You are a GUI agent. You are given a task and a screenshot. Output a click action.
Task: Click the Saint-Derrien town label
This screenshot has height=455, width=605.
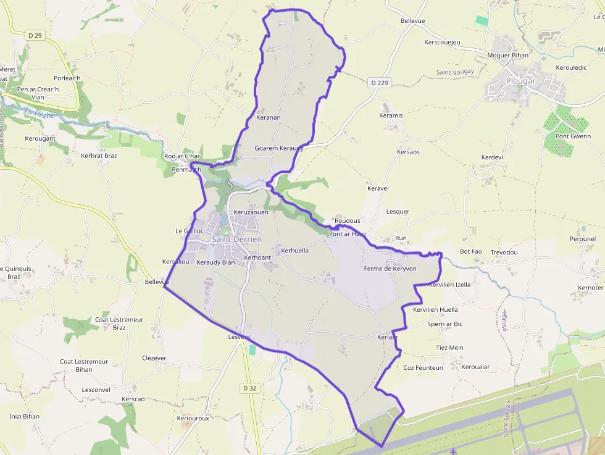pos(236,239)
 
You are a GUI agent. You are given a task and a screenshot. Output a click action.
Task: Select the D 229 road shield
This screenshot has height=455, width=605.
pos(380,83)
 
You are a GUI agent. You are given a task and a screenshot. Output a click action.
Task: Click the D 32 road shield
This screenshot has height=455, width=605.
pos(249,388)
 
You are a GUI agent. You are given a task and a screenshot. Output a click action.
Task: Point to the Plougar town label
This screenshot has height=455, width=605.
pos(520,80)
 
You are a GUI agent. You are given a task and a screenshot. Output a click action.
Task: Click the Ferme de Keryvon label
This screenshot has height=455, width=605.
pos(390,269)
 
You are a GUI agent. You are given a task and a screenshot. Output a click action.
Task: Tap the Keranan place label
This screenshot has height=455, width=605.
pos(269,117)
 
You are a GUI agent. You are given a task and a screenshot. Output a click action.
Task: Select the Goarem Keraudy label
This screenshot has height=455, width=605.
pos(279,148)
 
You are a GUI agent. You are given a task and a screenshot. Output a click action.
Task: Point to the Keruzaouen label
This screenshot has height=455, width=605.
pos(251,212)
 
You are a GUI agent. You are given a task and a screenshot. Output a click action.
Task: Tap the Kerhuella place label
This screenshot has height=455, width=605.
pos(294,251)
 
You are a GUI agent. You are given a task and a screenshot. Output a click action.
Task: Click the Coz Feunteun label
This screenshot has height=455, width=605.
pos(423,367)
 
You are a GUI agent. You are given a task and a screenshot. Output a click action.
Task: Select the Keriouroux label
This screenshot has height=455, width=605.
pos(193,418)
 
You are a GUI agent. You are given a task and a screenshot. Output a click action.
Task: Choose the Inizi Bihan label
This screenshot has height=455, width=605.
pos(25,416)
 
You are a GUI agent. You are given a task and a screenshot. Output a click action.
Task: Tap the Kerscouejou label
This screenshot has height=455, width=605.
pos(443,43)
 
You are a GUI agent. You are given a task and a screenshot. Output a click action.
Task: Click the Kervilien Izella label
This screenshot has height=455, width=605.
pos(450,285)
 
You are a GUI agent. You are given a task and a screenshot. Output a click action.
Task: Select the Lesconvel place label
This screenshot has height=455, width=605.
pos(96,390)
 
